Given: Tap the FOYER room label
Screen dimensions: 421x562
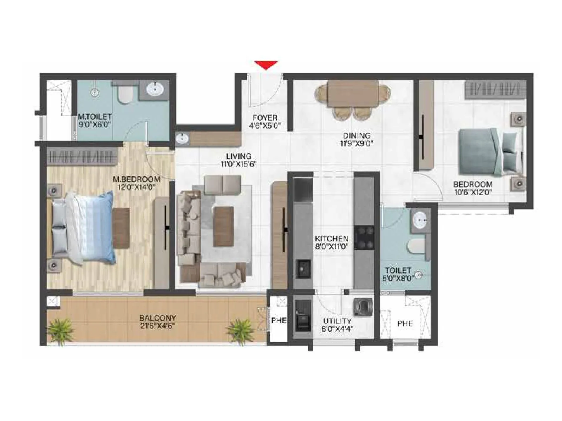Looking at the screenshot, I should coord(265,118).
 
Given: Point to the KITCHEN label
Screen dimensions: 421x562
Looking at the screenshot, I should coord(332,239).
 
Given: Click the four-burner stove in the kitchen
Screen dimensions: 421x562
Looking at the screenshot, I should coord(364,238).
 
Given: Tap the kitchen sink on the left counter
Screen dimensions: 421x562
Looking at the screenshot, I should coord(303,268).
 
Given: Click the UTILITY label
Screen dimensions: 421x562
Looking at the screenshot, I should coord(337,321).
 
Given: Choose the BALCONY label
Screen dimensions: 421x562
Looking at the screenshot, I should coord(158,318).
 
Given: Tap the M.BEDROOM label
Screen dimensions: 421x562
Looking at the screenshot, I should coord(136,179).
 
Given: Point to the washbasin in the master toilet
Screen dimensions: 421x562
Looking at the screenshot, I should coord(155,89).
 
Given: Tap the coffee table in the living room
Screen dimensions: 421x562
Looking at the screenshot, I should coord(224,221).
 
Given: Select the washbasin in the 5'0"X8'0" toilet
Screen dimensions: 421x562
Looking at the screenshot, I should coord(420,220).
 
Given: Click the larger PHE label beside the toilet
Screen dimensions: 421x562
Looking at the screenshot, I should coord(405,323).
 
